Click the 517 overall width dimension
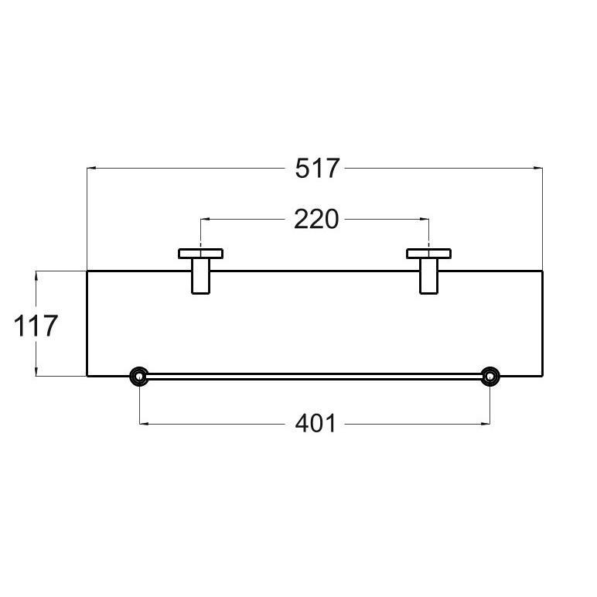pos(317,168)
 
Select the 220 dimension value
pos(316,220)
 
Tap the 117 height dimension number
pos(36,326)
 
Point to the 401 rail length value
pos(316,423)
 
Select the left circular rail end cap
pos(139,377)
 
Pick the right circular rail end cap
pos(490,377)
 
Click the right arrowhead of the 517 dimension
pos(539,168)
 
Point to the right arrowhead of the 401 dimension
pos(486,423)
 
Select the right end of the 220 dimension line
pos(427,220)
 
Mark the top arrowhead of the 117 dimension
pos(36,274)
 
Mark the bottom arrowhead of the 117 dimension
pos(36,374)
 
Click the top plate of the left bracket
pos(201,253)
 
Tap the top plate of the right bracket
pos(429,253)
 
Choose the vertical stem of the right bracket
pos(429,277)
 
